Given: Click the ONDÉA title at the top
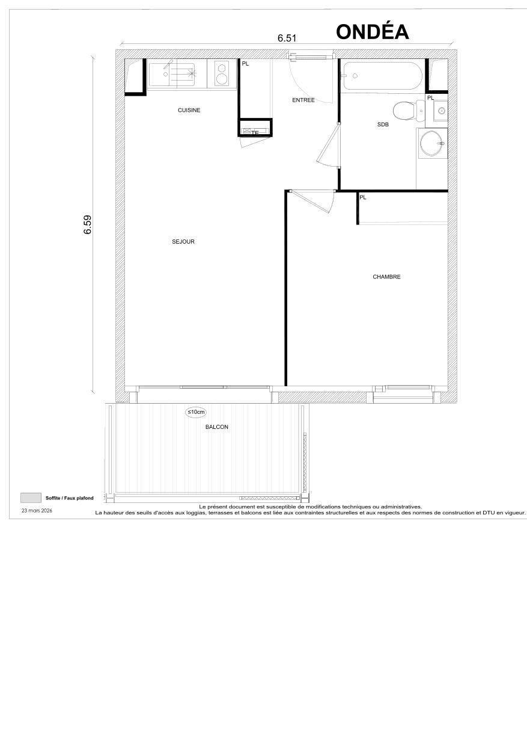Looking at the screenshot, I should [372, 31].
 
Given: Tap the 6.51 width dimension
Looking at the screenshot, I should [287, 38].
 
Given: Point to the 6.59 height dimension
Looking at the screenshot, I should [88, 224].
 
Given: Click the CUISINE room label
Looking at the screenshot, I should [189, 110].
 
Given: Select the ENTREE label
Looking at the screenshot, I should [303, 100].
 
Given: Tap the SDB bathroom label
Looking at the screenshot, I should [383, 124].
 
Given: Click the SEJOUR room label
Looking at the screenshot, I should [183, 242].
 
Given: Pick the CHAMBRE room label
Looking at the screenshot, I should [386, 277].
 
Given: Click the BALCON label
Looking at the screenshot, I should [216, 427].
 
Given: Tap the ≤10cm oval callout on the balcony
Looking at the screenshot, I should [196, 412].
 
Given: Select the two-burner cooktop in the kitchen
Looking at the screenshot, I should [221, 75].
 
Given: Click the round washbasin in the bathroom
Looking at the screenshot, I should [431, 144].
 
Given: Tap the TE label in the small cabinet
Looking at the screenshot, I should [254, 132].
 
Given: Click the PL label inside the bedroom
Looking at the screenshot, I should [363, 197].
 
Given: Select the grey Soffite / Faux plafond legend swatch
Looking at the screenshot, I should [31, 498].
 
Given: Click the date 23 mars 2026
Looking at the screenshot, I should [37, 510].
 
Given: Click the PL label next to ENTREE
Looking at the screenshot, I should [245, 63].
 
